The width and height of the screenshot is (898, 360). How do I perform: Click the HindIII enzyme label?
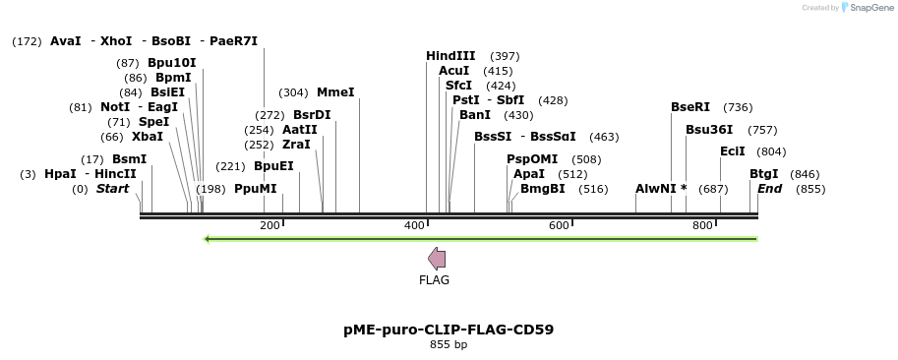pyautogui.click(x=450, y=56)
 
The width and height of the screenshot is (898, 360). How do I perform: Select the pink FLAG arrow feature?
pyautogui.click(x=437, y=259)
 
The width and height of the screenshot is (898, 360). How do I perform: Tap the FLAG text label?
pyautogui.click(x=434, y=280)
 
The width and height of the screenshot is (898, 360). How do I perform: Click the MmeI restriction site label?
pyautogui.click(x=335, y=92)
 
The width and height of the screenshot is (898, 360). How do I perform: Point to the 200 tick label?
pyautogui.click(x=269, y=226)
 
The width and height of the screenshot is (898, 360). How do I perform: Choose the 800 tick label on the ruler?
pyautogui.click(x=702, y=226)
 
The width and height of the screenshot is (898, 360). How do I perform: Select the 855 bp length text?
pyautogui.click(x=449, y=345)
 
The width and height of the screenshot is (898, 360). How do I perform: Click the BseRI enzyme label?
pyautogui.click(x=690, y=107)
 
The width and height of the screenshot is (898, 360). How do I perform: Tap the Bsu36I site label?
pyautogui.click(x=709, y=130)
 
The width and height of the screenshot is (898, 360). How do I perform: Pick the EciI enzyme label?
pyautogui.click(x=733, y=151)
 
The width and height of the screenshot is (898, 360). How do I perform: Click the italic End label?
pyautogui.click(x=769, y=189)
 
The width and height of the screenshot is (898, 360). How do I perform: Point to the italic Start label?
pyautogui.click(x=112, y=189)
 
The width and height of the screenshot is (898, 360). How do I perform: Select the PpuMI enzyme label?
pyautogui.click(x=256, y=189)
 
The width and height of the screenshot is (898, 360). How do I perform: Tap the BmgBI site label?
pyautogui.click(x=543, y=189)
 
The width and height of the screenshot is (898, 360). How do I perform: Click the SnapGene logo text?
pyautogui.click(x=868, y=8)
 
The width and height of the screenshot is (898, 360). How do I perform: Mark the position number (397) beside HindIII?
pyautogui.click(x=505, y=56)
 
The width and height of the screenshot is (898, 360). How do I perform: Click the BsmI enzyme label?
pyautogui.click(x=129, y=159)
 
